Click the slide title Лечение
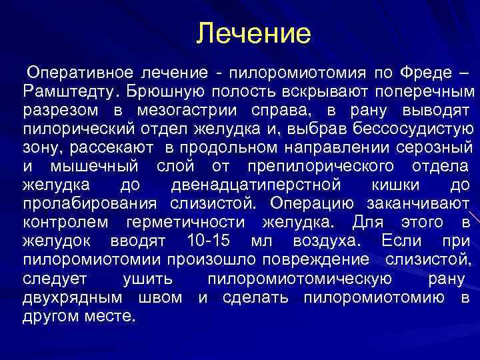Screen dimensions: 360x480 (x=254, y=34)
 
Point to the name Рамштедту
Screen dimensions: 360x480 (x=69, y=90)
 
